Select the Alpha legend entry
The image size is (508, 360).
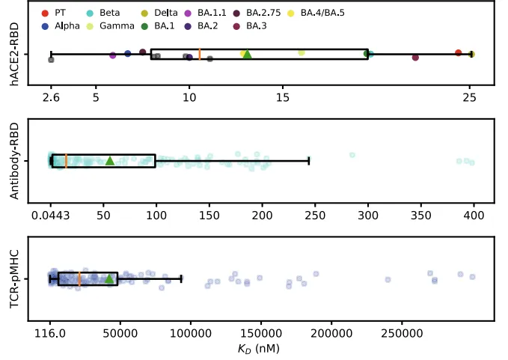click(66, 26)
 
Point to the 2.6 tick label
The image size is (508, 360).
click(51, 97)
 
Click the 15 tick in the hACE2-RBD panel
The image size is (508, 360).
click(283, 97)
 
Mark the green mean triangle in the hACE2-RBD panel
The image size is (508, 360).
click(248, 54)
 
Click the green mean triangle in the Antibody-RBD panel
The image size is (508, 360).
click(110, 160)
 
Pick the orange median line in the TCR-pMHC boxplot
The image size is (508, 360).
click(79, 279)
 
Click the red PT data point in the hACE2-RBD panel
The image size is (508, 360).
click(458, 52)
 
